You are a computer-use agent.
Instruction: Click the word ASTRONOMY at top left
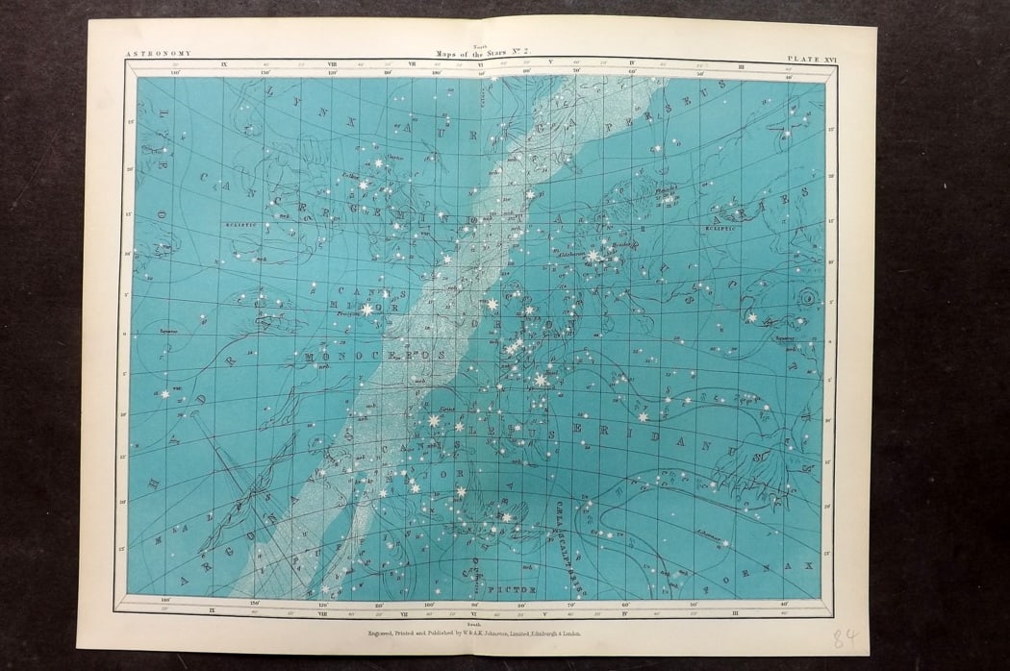[x=159, y=54]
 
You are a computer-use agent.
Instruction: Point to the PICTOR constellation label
[x=502, y=582]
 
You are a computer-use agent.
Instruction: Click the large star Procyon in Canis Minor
[x=366, y=309]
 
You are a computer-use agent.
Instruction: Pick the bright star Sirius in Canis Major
[x=433, y=420]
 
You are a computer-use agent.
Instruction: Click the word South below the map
[x=470, y=622]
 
